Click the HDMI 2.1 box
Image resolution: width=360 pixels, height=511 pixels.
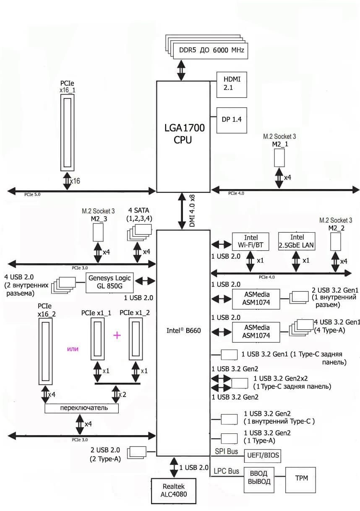pyautogui.click(x=231, y=84)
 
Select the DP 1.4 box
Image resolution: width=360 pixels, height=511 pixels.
pyautogui.click(x=231, y=120)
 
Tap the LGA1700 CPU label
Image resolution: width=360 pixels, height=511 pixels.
pyautogui.click(x=183, y=134)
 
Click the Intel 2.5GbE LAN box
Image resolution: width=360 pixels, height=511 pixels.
pyautogui.click(x=297, y=241)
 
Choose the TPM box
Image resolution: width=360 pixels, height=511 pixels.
pyautogui.click(x=300, y=478)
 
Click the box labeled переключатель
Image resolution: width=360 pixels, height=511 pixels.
pyautogui.click(x=81, y=408)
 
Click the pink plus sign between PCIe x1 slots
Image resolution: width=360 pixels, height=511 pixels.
pyautogui.click(x=117, y=335)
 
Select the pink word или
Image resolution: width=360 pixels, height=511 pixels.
pyautogui.click(x=73, y=349)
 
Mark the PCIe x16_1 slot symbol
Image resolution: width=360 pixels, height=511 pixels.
pyautogui.click(x=68, y=132)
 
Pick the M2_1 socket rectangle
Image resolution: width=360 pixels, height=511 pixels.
pyautogui.click(x=280, y=157)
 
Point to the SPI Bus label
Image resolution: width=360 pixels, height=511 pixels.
pyautogui.click(x=226, y=451)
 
